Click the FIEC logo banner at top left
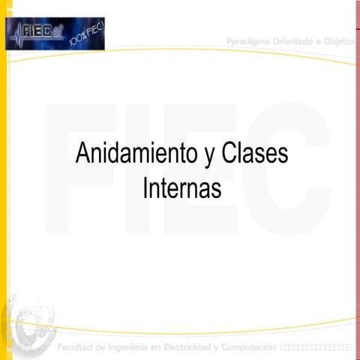click(x=55, y=34)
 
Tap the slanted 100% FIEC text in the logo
click(x=87, y=34)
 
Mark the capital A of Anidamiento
click(x=82, y=155)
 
